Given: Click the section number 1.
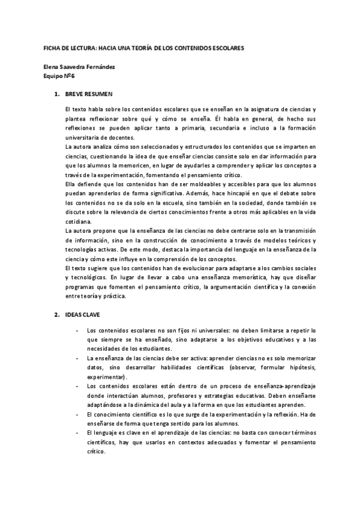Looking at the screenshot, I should pyautogui.click(x=56, y=95).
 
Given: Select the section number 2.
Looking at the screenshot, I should pyautogui.click(x=56, y=315).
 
